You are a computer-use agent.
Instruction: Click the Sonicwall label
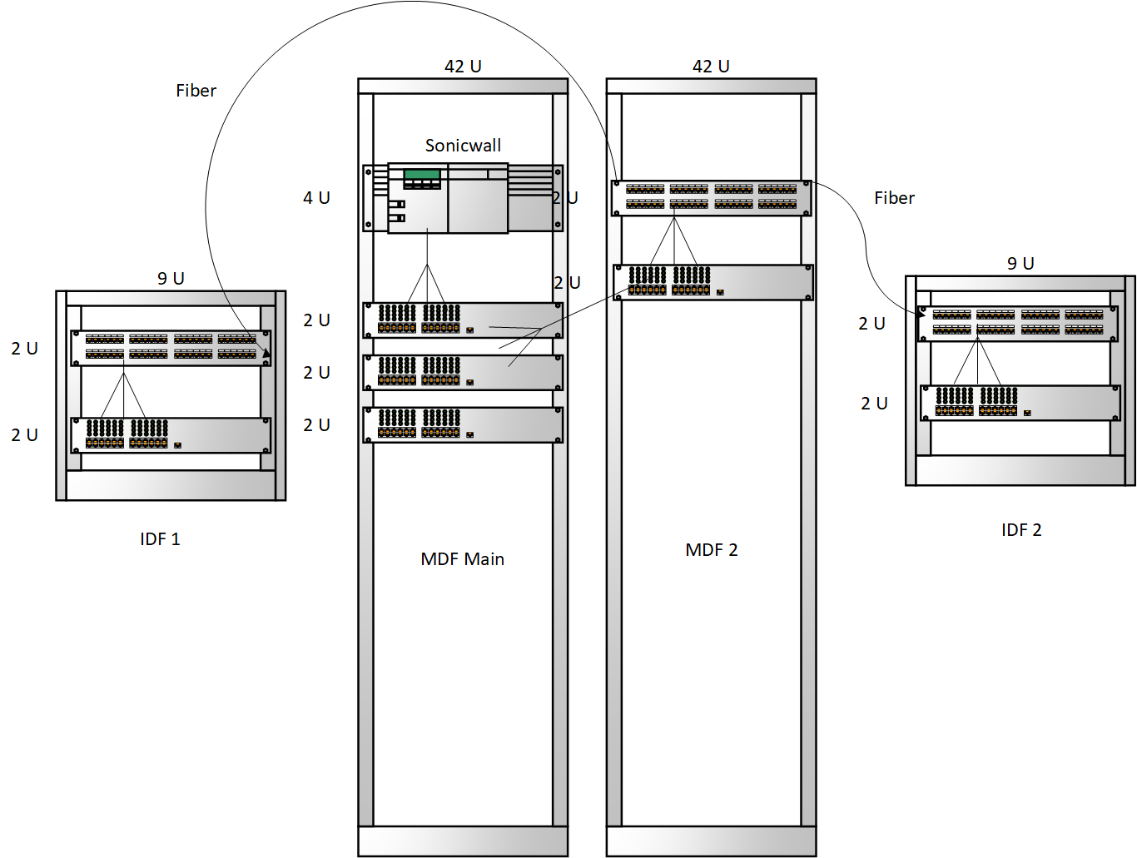(x=463, y=146)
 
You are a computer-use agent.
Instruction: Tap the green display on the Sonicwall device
(x=422, y=175)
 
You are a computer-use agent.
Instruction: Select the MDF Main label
(x=462, y=559)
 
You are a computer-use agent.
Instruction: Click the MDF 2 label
(x=711, y=550)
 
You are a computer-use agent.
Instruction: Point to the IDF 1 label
(x=160, y=539)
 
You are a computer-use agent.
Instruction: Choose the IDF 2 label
(x=1021, y=530)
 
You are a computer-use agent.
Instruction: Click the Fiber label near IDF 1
(x=196, y=91)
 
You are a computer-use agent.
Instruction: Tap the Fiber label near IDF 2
(x=894, y=198)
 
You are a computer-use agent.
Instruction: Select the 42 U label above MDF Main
(x=463, y=67)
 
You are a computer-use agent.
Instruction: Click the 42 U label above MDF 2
(x=711, y=67)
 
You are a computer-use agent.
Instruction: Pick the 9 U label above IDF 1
(x=171, y=279)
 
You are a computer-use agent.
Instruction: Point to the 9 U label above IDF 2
(x=1020, y=264)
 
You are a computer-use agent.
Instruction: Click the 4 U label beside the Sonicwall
(x=316, y=198)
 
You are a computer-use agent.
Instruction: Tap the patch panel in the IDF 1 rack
(x=171, y=348)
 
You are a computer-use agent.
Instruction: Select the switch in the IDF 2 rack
(x=1020, y=403)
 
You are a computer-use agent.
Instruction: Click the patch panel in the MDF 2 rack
(x=711, y=198)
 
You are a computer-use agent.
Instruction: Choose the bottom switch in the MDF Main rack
(x=463, y=424)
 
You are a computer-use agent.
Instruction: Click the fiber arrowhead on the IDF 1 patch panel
(x=266, y=354)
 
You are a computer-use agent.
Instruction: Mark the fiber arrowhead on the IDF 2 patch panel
(x=921, y=314)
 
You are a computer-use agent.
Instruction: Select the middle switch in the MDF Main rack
(x=463, y=372)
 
